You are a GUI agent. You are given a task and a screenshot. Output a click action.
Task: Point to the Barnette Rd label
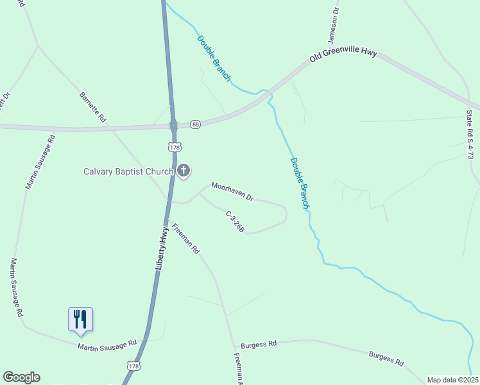(x=92, y=107)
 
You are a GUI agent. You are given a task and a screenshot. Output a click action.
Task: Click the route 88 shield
(x=196, y=124)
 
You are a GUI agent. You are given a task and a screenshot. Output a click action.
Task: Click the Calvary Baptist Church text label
(x=129, y=171)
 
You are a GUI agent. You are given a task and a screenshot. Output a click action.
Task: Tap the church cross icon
(x=184, y=171)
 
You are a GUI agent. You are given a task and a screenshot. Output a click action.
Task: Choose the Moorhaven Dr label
(x=233, y=191)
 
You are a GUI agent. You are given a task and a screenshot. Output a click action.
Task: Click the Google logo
(x=21, y=377)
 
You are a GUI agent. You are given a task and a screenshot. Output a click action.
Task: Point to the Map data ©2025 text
(x=452, y=380)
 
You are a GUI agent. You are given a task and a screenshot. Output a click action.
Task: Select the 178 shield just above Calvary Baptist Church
(x=174, y=147)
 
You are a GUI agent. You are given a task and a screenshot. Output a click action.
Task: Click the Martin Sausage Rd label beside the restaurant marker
(x=108, y=345)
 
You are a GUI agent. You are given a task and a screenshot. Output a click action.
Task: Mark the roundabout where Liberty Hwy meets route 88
(x=173, y=124)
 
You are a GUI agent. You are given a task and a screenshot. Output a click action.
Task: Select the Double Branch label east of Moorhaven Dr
(x=300, y=183)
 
